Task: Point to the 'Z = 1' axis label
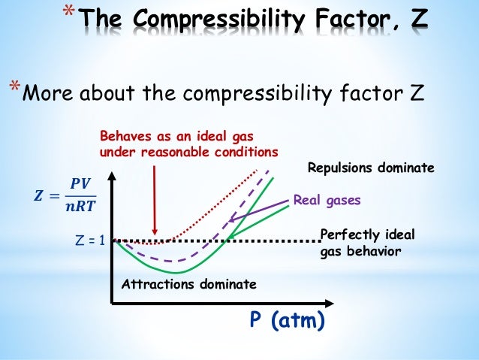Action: point(89,241)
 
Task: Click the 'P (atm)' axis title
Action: point(287,321)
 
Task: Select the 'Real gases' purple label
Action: point(327,201)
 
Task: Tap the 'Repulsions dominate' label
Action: point(371,169)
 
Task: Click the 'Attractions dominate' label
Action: point(188,285)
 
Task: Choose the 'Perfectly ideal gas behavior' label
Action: point(367,243)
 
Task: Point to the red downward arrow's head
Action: point(154,232)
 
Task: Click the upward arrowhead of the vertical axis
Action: point(113,177)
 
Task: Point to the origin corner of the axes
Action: point(113,303)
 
